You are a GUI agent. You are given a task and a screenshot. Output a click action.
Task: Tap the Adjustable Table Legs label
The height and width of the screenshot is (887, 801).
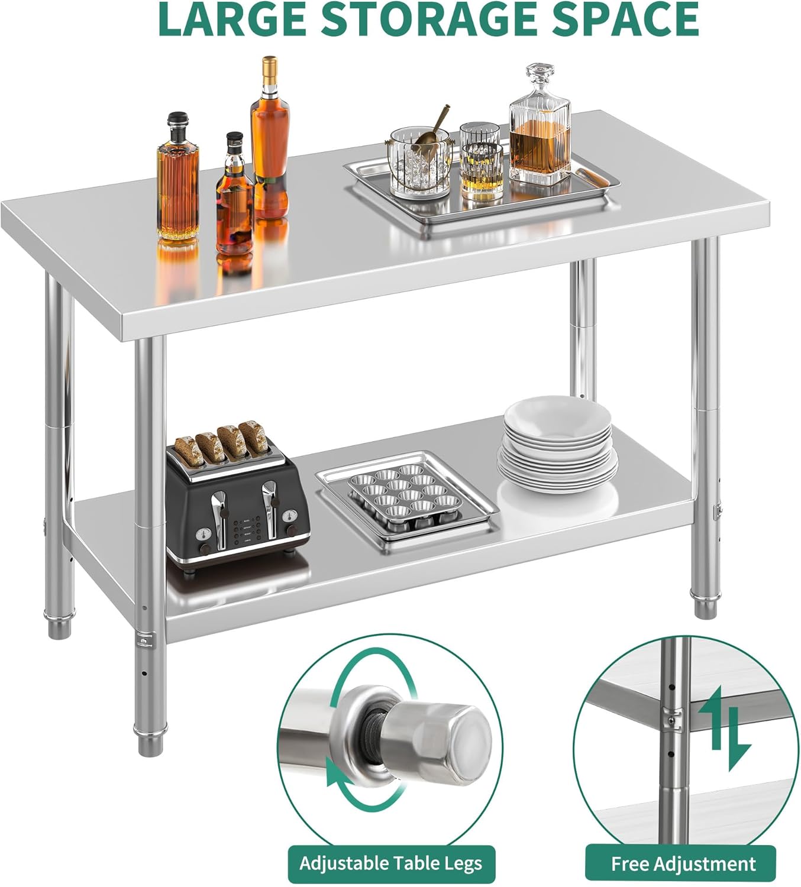[390, 863]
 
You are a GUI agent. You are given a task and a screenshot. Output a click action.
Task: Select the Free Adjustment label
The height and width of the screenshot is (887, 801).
[683, 864]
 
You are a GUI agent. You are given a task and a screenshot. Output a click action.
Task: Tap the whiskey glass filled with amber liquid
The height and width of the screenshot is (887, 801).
[482, 171]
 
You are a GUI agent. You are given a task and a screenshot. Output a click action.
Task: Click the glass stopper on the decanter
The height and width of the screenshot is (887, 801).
[540, 77]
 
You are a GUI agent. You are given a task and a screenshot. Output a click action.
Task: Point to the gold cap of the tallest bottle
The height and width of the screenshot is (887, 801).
[270, 62]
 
